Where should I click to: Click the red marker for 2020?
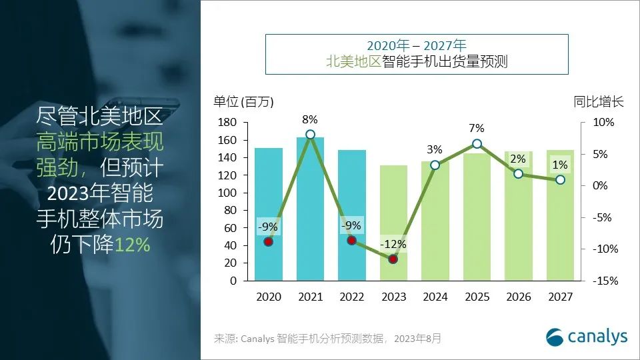pyautogui.click(x=269, y=241)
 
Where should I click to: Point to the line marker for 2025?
pyautogui.click(x=477, y=144)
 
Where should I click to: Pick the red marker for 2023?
pyautogui.click(x=393, y=259)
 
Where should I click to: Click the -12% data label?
pyautogui.click(x=393, y=245)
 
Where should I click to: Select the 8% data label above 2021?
pyautogui.click(x=310, y=120)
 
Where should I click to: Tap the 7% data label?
pyautogui.click(x=477, y=129)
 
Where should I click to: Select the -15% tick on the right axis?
pyautogui.click(x=604, y=281)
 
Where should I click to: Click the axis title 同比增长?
pyautogui.click(x=598, y=102)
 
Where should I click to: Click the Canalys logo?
pyautogui.click(x=587, y=337)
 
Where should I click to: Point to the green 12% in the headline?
pyautogui.click(x=133, y=245)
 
